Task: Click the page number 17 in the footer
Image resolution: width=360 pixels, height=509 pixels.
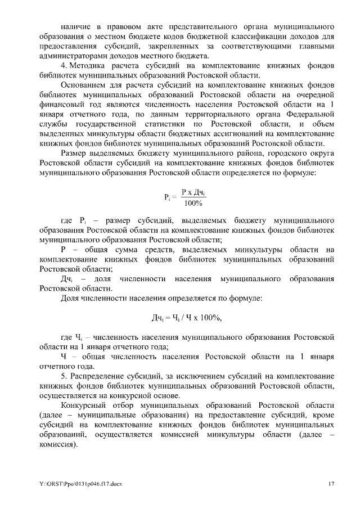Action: pos(332,484)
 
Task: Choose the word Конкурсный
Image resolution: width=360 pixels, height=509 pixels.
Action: pos(84,405)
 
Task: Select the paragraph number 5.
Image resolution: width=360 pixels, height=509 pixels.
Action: pos(64,375)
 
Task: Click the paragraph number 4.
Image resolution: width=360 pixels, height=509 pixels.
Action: pos(64,66)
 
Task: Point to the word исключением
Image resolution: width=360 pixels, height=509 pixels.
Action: pos(184,375)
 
